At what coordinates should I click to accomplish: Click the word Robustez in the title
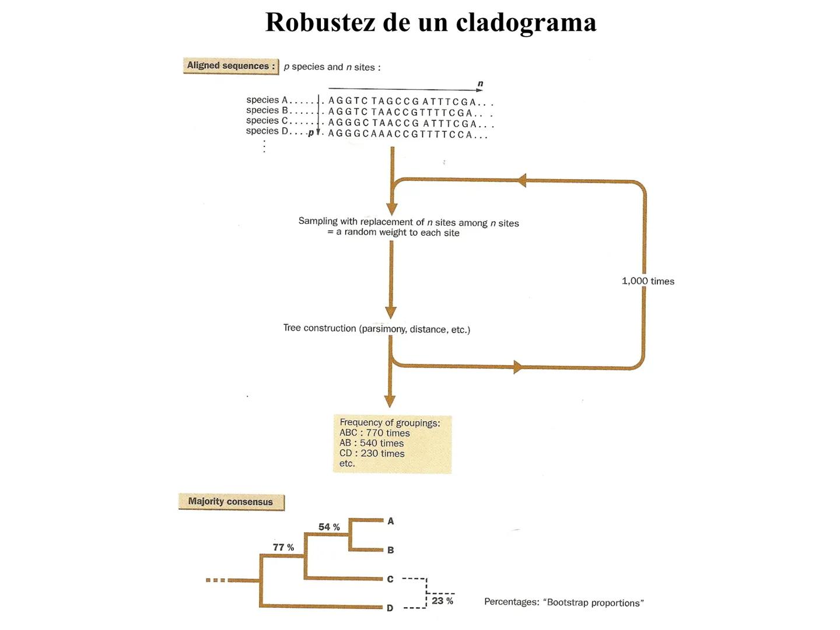click(x=320, y=22)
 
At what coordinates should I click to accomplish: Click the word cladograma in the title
click(x=526, y=22)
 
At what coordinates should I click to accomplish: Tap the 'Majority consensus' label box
click(x=231, y=502)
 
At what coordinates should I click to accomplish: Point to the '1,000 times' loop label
click(x=648, y=281)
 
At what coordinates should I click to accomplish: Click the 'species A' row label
click(x=267, y=100)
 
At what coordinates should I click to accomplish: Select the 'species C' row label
click(x=267, y=121)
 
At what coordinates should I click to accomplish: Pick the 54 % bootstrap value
click(x=329, y=527)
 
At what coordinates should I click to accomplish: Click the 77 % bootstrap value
click(x=283, y=547)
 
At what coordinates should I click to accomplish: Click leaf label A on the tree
click(x=391, y=521)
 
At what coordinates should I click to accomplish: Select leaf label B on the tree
click(x=391, y=550)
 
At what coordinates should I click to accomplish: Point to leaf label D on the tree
click(x=390, y=608)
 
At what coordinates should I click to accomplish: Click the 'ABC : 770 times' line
click(x=374, y=433)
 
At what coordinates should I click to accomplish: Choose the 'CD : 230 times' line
click(x=372, y=453)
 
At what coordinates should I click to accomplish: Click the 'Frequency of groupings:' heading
click(x=390, y=422)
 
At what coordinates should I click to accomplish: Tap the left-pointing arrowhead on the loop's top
click(x=521, y=180)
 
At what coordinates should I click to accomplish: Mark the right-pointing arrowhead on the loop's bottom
click(x=517, y=367)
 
